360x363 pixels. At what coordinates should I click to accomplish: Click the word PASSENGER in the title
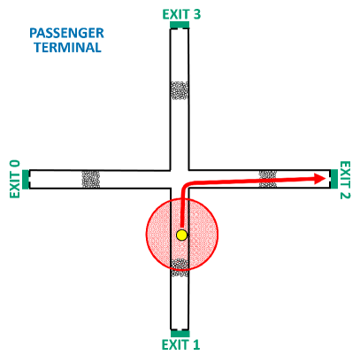[x=66, y=33]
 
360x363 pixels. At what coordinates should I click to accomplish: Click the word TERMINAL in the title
[x=67, y=48]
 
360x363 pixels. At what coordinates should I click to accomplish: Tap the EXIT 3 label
[x=181, y=14]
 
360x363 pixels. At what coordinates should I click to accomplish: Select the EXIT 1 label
[x=180, y=344]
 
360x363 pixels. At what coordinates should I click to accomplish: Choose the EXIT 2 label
[x=345, y=180]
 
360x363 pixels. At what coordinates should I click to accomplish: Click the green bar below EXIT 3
[x=180, y=25]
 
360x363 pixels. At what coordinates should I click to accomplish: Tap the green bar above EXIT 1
[x=180, y=333]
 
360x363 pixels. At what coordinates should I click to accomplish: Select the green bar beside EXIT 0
[x=26, y=179]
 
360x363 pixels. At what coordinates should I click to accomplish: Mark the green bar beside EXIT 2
[x=333, y=179]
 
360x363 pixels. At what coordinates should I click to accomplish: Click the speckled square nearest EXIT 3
[x=180, y=90]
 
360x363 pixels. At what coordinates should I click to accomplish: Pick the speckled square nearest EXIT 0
[x=91, y=179]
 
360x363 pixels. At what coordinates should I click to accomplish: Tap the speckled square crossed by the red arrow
[x=267, y=179]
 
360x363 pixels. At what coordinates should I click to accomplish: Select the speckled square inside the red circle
[x=180, y=266]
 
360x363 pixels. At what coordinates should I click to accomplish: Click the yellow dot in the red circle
[x=181, y=235]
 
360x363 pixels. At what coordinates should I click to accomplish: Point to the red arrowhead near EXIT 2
[x=320, y=179]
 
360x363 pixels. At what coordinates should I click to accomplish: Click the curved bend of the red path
[x=185, y=186]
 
